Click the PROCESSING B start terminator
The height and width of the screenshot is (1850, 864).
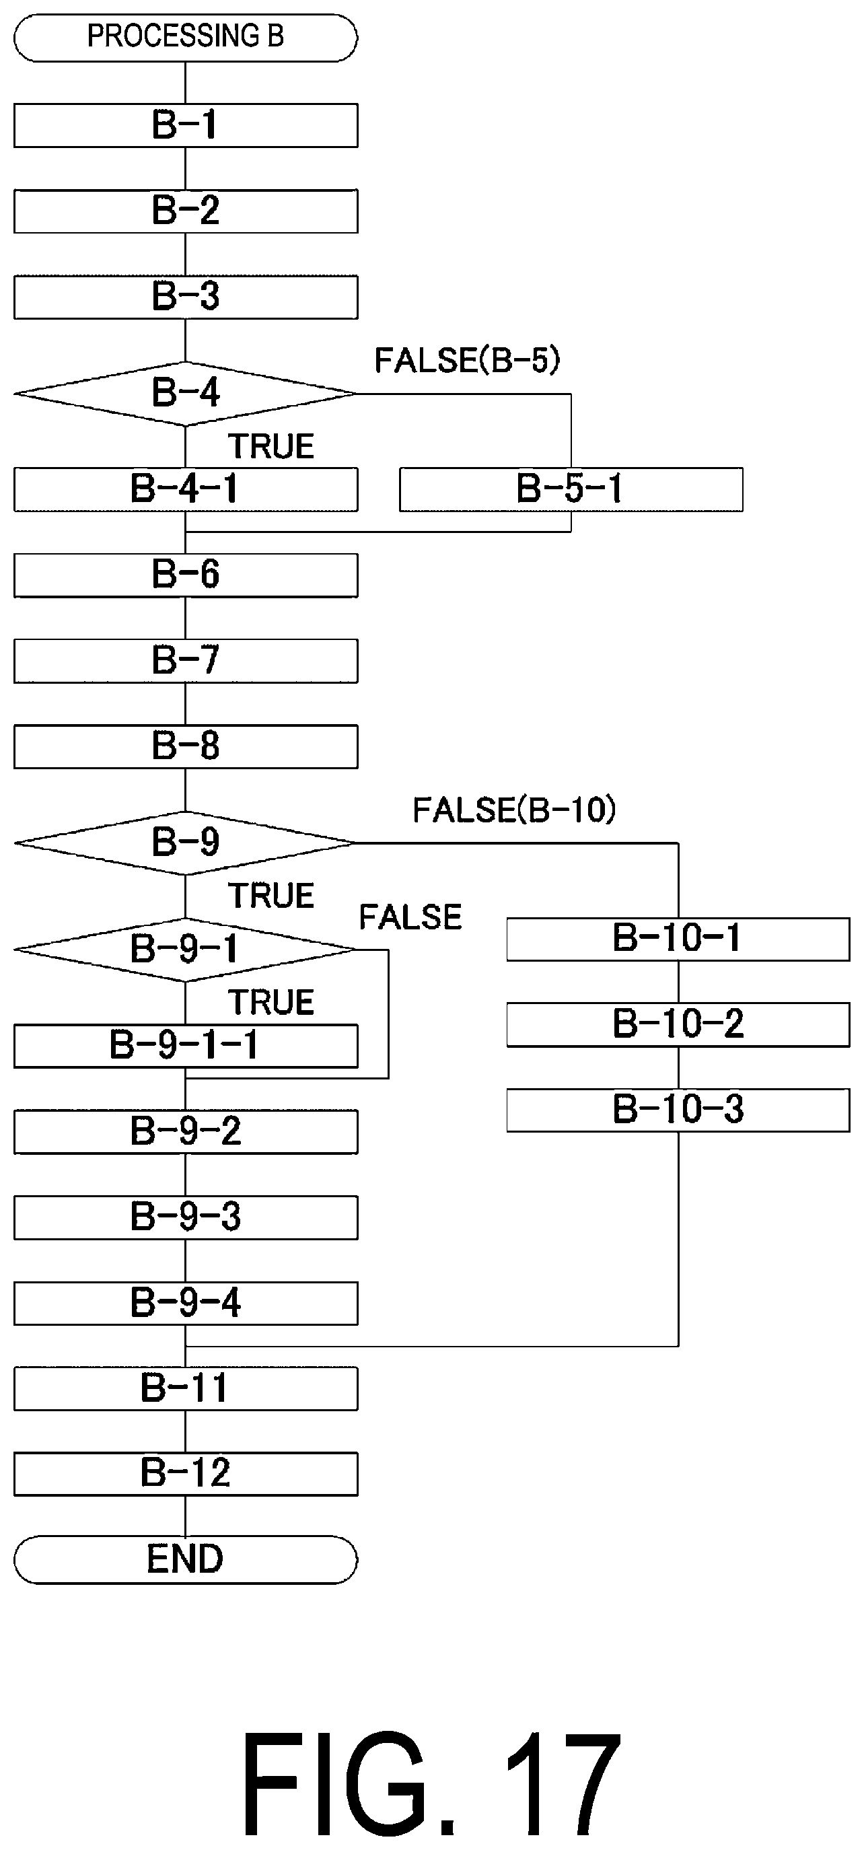coord(185,37)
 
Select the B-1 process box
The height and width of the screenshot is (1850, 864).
coord(185,126)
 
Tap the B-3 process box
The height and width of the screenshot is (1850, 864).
coord(185,297)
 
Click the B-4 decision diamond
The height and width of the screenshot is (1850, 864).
coord(185,394)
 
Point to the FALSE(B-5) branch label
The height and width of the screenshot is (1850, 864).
coord(467,360)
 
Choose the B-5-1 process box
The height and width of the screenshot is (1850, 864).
coord(571,489)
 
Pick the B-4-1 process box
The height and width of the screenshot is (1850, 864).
coord(185,489)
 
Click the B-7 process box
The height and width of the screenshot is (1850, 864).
coord(185,661)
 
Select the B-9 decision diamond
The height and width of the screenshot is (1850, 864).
coord(185,843)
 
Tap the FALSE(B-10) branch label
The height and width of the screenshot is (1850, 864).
coord(514,810)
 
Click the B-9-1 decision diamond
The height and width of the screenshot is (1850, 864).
coord(185,950)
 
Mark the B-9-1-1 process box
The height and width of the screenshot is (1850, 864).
coord(185,1046)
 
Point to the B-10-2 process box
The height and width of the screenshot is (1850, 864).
coord(678,1024)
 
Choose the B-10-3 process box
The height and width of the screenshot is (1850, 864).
coord(678,1110)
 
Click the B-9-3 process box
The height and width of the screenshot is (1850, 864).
coord(185,1217)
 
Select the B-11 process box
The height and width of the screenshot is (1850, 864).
coord(185,1388)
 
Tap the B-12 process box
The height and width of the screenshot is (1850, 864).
coord(185,1474)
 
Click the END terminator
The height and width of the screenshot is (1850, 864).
coord(185,1560)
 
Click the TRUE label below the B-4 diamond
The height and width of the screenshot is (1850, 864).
coord(271,447)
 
